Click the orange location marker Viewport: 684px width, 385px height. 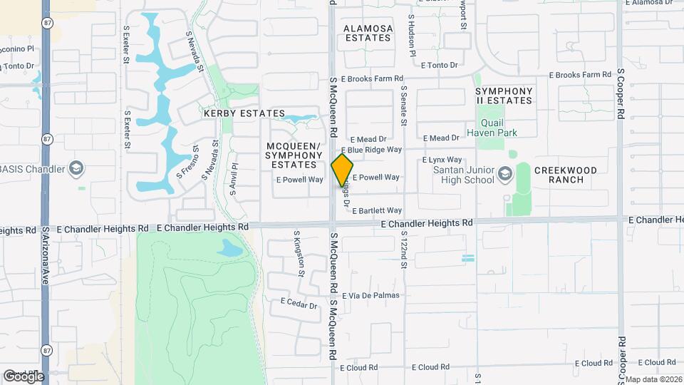click(343, 170)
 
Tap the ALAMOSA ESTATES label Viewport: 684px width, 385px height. click(368, 34)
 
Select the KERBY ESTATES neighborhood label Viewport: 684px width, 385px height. click(244, 113)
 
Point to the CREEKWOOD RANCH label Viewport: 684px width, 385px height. click(569, 175)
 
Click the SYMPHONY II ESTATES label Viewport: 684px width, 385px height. click(504, 96)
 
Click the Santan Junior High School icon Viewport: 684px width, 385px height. click(505, 174)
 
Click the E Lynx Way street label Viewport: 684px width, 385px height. click(442, 161)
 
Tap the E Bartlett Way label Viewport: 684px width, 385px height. click(377, 210)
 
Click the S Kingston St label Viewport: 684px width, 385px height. click(299, 253)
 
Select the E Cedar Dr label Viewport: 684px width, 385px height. click(299, 303)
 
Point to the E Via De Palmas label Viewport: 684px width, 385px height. click(377, 295)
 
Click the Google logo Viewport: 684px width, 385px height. click(24, 376)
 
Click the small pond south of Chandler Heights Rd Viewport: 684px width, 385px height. click(230, 248)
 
